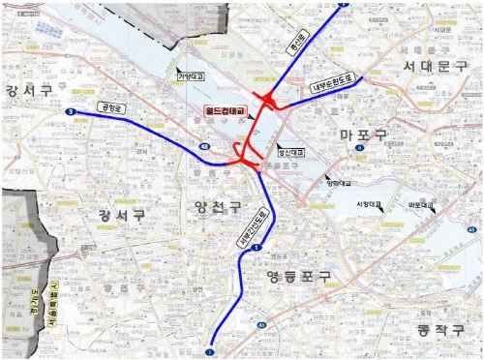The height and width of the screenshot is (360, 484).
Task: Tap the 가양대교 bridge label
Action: coord(192,74)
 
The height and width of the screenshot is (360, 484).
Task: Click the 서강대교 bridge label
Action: coord(370,203)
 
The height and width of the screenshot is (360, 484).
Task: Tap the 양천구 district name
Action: coord(218,206)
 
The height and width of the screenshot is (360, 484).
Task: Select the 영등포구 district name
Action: coord(298,277)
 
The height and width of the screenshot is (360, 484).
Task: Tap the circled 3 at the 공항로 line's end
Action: coord(71,112)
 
